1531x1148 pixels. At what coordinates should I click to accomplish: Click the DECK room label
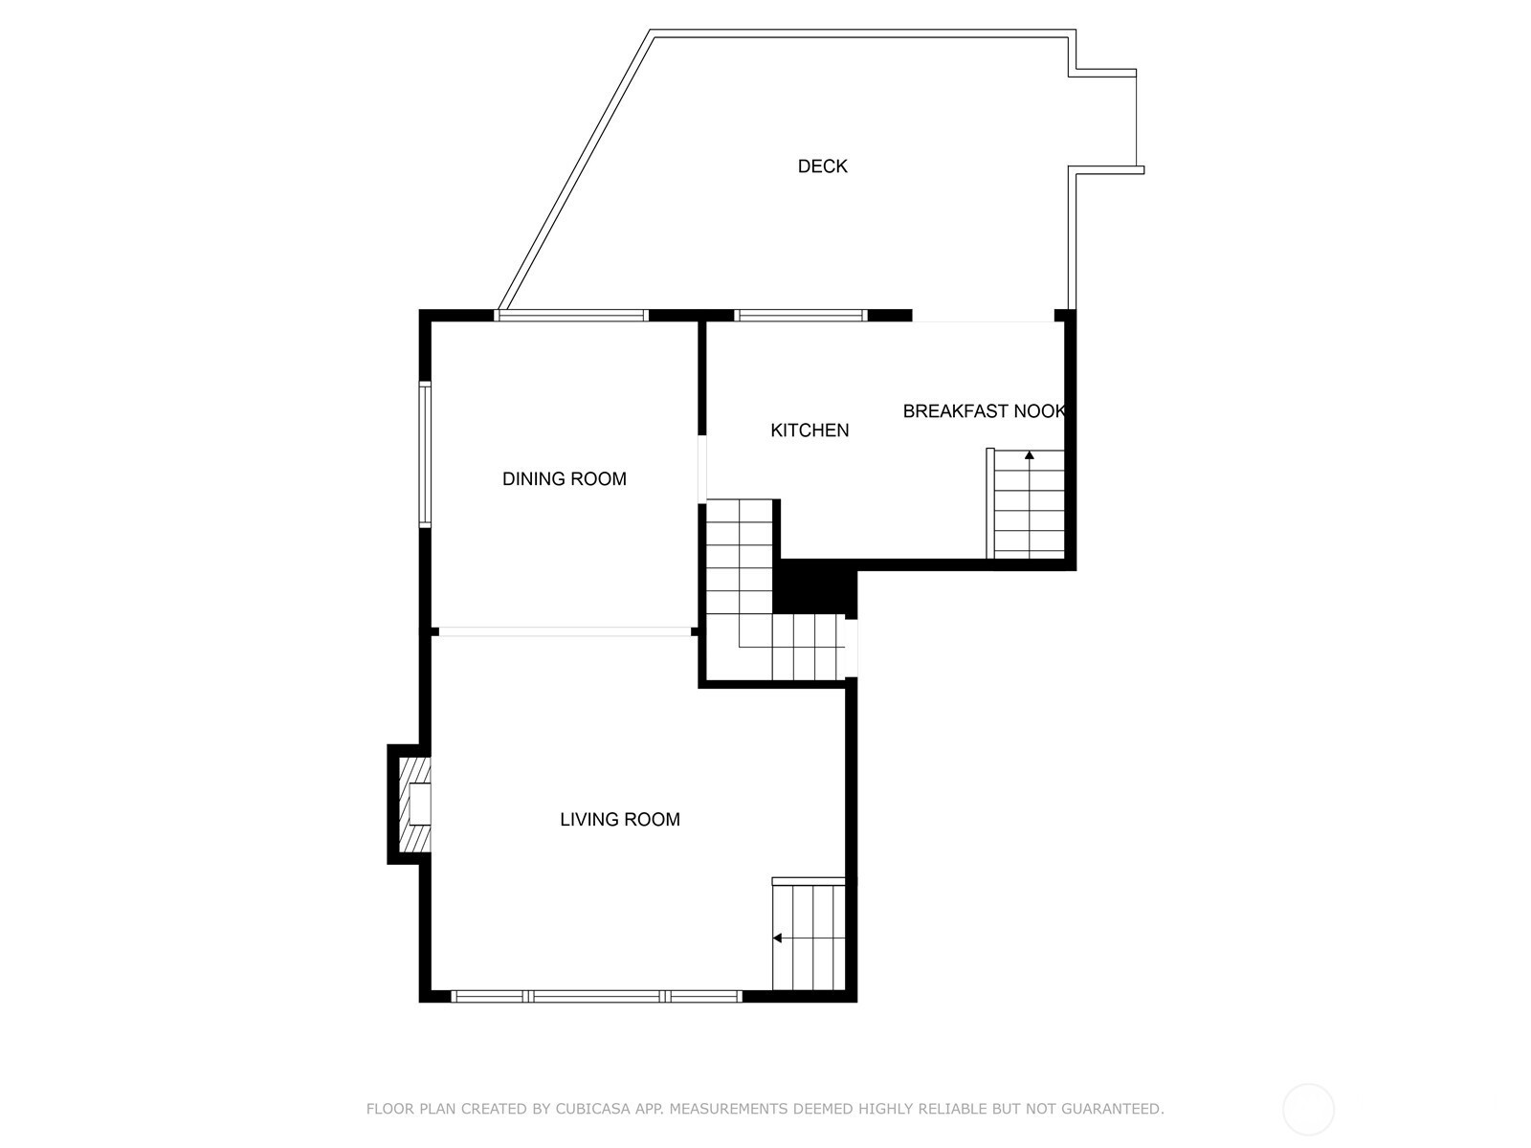(x=822, y=166)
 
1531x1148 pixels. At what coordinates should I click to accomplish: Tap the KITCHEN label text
(x=810, y=430)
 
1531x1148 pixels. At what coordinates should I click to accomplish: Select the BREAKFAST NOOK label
(x=985, y=411)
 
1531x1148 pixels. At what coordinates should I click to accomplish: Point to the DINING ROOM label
(x=565, y=479)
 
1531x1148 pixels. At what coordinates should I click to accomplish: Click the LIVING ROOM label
(x=620, y=819)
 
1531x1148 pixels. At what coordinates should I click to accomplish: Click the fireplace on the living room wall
(x=414, y=805)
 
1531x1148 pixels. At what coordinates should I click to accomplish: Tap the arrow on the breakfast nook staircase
(x=1030, y=454)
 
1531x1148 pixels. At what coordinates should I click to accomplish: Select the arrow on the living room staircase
(x=777, y=938)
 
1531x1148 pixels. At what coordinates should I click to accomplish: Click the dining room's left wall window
(x=425, y=453)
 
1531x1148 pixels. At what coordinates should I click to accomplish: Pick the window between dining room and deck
(x=571, y=315)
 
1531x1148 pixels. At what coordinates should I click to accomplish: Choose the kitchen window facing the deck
(x=801, y=315)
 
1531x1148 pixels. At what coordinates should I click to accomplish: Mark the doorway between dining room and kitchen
(x=702, y=469)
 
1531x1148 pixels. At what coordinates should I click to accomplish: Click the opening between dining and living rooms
(x=565, y=631)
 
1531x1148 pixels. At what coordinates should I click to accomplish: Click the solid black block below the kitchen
(x=815, y=587)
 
